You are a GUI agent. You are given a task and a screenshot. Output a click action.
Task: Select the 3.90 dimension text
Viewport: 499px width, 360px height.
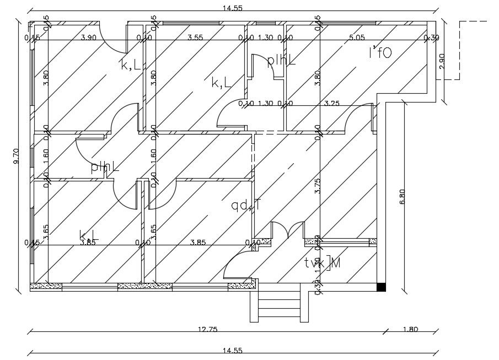point(89,37)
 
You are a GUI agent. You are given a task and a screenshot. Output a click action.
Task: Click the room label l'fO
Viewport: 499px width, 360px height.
point(380,53)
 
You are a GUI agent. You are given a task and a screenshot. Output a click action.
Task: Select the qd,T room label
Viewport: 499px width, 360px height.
point(246,206)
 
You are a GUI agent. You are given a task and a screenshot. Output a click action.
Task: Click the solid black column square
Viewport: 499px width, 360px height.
point(381,287)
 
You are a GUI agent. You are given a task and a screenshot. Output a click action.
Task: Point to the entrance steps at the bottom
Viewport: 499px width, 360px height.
point(278,307)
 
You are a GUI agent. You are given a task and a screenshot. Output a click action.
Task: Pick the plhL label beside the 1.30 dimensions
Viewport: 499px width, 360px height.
point(281,61)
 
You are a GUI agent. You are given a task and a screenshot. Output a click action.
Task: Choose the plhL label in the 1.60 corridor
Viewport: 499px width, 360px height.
point(105,166)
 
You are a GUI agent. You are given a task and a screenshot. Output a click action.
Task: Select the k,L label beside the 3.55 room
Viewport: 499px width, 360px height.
point(221,83)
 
